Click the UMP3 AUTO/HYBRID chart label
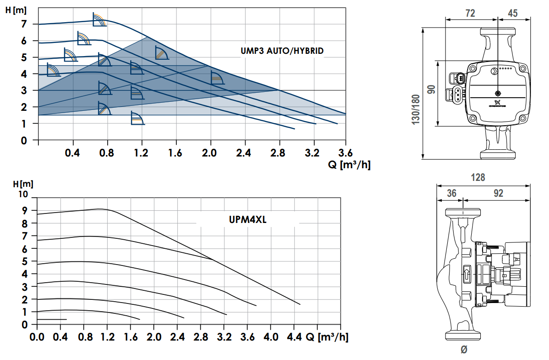coord(282,51)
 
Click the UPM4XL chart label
coord(247,220)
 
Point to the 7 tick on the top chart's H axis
coord(24,24)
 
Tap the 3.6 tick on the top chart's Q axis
coord(345,153)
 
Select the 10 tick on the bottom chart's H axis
coord(22,194)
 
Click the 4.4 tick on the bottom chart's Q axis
coord(293,337)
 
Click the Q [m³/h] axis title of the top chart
coord(349,165)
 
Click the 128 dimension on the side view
coord(478,177)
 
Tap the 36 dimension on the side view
coord(451,194)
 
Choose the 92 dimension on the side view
coord(498,194)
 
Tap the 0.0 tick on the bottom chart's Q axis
coord(36,337)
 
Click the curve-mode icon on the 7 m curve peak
coord(99,20)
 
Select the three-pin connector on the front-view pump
coord(457,95)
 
